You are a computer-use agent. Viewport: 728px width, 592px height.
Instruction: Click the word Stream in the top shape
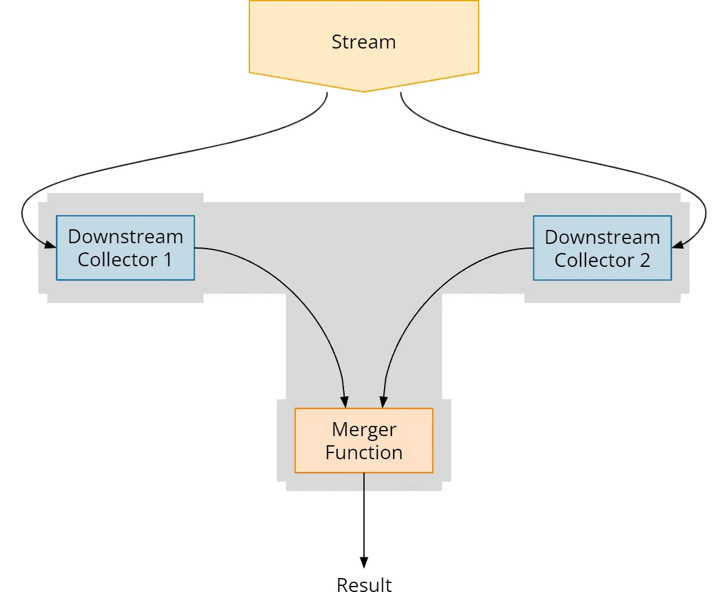pyautogui.click(x=363, y=42)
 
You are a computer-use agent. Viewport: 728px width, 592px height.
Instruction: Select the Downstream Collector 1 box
pyautogui.click(x=126, y=247)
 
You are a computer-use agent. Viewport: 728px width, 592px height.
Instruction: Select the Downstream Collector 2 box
pyautogui.click(x=602, y=248)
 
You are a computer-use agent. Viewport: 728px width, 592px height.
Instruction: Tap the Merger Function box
pyautogui.click(x=363, y=440)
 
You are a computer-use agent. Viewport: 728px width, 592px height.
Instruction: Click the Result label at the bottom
pyautogui.click(x=364, y=585)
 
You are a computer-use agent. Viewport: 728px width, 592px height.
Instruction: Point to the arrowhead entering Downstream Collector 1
pyautogui.click(x=50, y=244)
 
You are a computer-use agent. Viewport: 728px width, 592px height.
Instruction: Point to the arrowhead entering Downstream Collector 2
pyautogui.click(x=678, y=244)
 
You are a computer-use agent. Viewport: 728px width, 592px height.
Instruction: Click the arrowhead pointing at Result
pyautogui.click(x=364, y=562)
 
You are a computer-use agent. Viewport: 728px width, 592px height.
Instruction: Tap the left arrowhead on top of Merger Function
pyautogui.click(x=345, y=402)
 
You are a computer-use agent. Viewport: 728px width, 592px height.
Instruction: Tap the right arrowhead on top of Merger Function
pyautogui.click(x=383, y=402)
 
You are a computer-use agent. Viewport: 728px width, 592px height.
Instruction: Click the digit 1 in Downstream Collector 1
pyautogui.click(x=168, y=259)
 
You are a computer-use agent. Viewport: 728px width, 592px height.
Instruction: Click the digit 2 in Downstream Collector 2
pyautogui.click(x=645, y=260)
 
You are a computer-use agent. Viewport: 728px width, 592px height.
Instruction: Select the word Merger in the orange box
pyautogui.click(x=364, y=429)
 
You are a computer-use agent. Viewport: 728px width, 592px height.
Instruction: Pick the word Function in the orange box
pyautogui.click(x=364, y=452)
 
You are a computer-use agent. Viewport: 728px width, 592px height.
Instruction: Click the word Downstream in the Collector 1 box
pyautogui.click(x=126, y=237)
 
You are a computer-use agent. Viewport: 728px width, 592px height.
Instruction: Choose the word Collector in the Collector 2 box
pyautogui.click(x=595, y=260)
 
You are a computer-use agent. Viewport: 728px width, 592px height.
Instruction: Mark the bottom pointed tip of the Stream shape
pyautogui.click(x=363, y=92)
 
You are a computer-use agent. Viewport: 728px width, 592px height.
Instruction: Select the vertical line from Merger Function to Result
pyautogui.click(x=364, y=515)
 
